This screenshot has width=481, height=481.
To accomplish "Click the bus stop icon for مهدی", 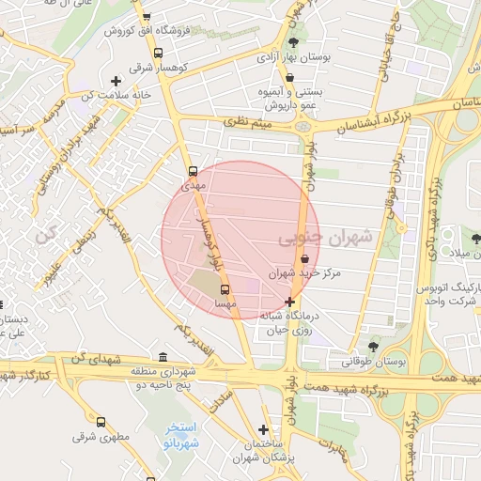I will pyautogui.click(x=193, y=172).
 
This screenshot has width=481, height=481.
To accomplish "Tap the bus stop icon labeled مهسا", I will pyautogui.click(x=224, y=289).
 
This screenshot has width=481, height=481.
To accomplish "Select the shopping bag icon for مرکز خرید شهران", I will pyautogui.click(x=303, y=259).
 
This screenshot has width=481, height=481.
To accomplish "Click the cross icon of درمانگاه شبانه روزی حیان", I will pyautogui.click(x=289, y=303).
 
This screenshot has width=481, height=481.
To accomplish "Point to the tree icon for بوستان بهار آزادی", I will pyautogui.click(x=295, y=42).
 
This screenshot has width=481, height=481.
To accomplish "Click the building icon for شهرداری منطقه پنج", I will pyautogui.click(x=163, y=357).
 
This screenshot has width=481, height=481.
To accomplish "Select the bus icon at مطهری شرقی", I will pyautogui.click(x=101, y=422).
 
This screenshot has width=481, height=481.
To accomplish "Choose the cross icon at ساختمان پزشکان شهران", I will pyautogui.click(x=264, y=428).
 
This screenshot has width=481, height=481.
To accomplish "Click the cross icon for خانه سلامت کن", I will pyautogui.click(x=116, y=81).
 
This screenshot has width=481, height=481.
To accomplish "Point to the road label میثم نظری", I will pyautogui.click(x=247, y=121).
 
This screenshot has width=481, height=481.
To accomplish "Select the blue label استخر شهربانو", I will pyautogui.click(x=174, y=435).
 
